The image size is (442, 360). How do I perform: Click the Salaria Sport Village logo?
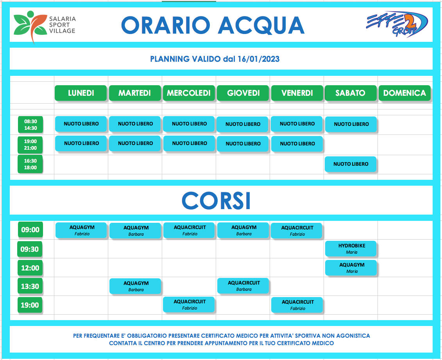point(45,27)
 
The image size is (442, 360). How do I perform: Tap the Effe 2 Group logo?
point(397,25)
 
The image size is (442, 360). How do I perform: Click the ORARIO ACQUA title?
point(213,25)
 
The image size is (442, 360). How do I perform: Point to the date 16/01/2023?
point(258,59)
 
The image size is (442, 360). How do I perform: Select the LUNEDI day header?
point(81,93)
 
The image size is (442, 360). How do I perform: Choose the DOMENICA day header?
point(404,93)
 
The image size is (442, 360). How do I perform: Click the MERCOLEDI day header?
point(189,93)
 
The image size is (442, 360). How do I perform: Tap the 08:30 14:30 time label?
point(30,125)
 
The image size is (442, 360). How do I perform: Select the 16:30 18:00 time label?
point(30,164)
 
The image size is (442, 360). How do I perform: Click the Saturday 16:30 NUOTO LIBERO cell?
point(351,164)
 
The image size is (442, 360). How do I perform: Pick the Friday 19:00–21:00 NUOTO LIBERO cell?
point(297,144)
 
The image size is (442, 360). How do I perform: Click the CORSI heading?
point(216,201)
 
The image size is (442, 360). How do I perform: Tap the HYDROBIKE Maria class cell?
point(351,249)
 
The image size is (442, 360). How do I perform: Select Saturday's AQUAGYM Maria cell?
point(351,267)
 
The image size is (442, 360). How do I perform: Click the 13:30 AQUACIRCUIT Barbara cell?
point(243,286)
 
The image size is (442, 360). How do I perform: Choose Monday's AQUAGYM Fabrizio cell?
point(81,230)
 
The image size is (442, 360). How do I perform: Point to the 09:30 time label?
point(30,249)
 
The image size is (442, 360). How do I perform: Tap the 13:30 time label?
point(30,287)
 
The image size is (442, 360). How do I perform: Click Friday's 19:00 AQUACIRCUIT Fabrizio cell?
point(297,305)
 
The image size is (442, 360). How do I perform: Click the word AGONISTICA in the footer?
point(353,336)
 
